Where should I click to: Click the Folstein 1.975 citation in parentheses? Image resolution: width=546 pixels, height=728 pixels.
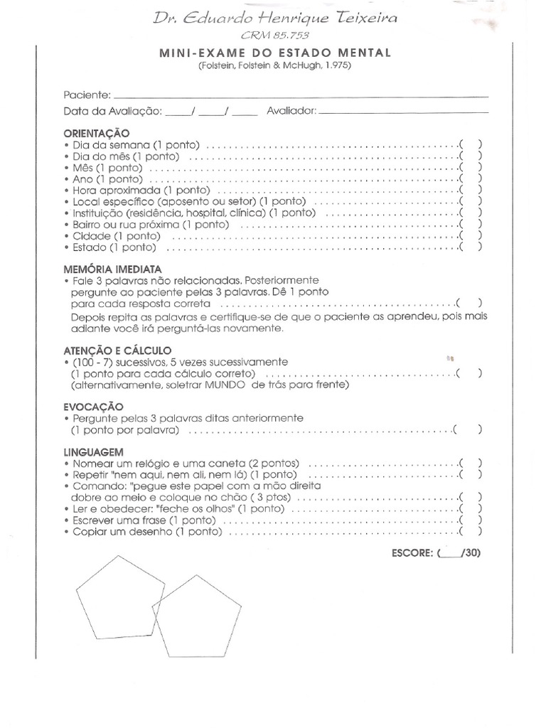[276, 66]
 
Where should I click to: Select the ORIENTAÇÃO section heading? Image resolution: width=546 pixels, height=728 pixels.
[97, 133]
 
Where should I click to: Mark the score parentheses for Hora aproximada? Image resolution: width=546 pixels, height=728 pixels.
[470, 191]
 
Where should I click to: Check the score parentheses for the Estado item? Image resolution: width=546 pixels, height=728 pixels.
[470, 247]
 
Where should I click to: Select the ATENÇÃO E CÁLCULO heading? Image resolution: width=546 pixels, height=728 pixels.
[117, 350]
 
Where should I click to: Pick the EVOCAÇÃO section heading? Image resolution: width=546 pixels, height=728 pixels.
[93, 406]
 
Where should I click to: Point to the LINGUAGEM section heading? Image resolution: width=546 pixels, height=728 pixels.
[94, 451]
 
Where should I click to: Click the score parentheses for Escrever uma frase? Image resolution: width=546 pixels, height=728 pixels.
[470, 520]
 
